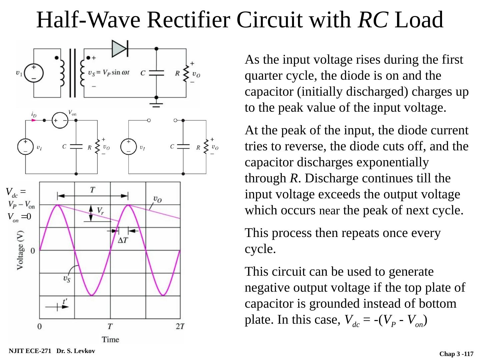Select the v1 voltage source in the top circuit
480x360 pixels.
[34, 73]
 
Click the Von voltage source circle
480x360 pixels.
[60, 120]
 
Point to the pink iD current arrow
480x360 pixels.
[33, 120]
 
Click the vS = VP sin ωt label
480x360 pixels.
[109, 73]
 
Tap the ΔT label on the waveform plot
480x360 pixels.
[122, 240]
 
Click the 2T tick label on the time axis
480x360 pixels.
[180, 326]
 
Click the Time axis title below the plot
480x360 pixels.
[110, 339]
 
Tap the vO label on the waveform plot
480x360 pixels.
[158, 199]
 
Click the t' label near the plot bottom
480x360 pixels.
[65, 302]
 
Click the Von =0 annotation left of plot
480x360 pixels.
[19, 217]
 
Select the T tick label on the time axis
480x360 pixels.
[110, 326]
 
